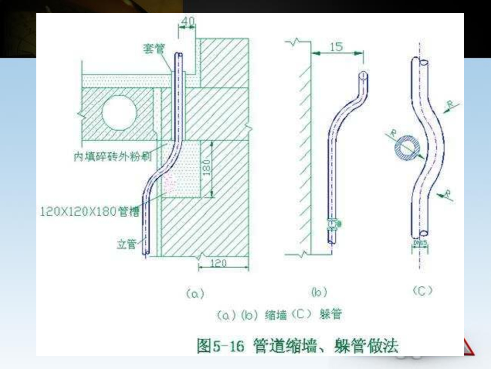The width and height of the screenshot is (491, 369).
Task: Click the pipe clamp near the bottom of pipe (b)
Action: pos(332,223)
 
